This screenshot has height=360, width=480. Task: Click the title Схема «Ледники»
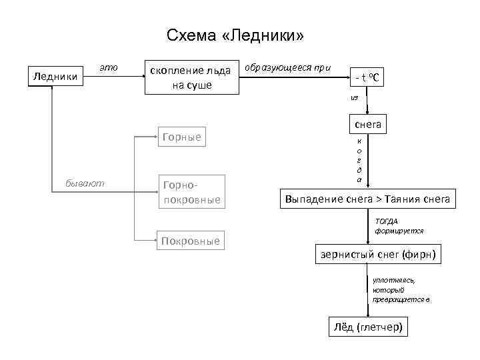pyautogui.click(x=235, y=35)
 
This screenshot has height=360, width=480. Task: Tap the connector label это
pyautogui.click(x=109, y=67)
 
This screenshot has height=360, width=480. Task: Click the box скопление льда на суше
pyautogui.click(x=192, y=77)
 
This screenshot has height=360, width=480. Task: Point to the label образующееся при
pyautogui.click(x=288, y=68)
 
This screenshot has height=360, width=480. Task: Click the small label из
pyautogui.click(x=355, y=97)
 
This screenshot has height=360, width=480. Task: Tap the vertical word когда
pyautogui.click(x=360, y=160)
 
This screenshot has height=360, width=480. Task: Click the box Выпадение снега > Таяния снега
pyautogui.click(x=367, y=199)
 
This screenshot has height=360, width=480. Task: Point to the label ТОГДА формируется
pyautogui.click(x=399, y=225)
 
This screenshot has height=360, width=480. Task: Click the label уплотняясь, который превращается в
pyautogui.click(x=401, y=290)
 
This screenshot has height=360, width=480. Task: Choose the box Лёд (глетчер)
pyautogui.click(x=369, y=327)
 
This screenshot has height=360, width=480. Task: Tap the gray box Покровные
pyautogui.click(x=190, y=241)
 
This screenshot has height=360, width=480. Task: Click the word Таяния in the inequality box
pyautogui.click(x=404, y=199)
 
